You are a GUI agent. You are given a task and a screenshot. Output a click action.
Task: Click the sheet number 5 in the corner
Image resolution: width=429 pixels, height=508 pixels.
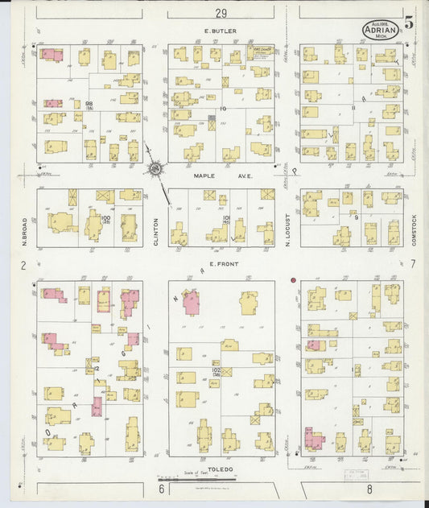click(x=409, y=23)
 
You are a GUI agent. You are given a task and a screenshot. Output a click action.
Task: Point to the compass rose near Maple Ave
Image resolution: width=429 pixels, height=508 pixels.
click(x=155, y=169)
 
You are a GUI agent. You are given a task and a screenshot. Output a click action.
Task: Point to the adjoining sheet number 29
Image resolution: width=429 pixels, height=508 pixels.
click(x=221, y=13)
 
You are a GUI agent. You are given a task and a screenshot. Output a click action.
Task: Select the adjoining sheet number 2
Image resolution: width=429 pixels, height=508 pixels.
click(x=24, y=265)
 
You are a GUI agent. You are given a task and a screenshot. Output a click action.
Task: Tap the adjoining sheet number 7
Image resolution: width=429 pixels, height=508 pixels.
click(x=412, y=264)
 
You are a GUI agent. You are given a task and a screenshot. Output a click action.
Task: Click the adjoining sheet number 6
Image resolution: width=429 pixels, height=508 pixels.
click(x=161, y=489)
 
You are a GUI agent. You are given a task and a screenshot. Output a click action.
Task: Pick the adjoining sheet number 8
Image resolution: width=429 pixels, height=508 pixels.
click(x=369, y=489)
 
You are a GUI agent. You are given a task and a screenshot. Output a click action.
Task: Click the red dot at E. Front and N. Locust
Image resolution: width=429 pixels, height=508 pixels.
click(x=294, y=280)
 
